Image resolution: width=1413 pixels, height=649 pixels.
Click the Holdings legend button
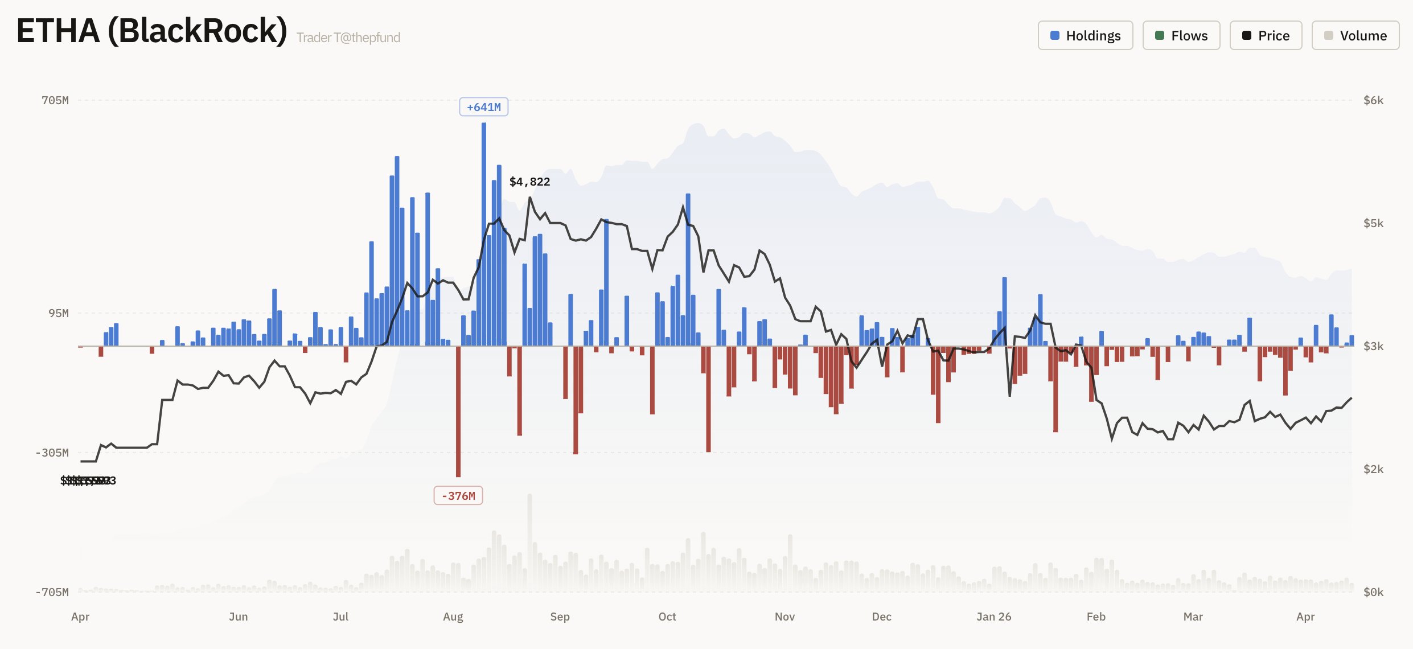click(x=1085, y=35)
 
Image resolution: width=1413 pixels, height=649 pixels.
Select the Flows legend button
click(x=1181, y=35)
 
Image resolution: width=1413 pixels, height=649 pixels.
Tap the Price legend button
click(x=1266, y=35)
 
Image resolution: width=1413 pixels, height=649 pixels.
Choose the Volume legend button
click(x=1355, y=35)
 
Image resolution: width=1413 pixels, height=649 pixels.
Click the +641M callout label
click(x=483, y=107)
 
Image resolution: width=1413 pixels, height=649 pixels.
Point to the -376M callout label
click(x=458, y=496)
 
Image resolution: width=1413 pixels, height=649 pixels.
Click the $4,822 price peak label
click(x=529, y=182)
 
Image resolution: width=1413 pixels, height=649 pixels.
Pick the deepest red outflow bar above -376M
click(x=458, y=410)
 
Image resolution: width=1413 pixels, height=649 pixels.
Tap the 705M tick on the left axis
click(x=55, y=100)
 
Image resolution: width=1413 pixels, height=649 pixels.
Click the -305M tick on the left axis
click(x=52, y=453)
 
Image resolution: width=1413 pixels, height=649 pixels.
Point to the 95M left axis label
click(x=59, y=313)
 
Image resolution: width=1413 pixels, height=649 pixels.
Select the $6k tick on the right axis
click(x=1373, y=100)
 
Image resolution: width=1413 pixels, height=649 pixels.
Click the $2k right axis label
click(x=1373, y=469)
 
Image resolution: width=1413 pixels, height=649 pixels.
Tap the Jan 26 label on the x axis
click(x=993, y=617)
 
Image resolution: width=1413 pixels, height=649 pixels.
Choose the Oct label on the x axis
click(x=667, y=617)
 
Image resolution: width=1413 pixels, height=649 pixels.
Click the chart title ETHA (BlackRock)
click(x=151, y=31)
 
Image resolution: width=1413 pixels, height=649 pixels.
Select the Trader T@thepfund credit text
click(x=348, y=38)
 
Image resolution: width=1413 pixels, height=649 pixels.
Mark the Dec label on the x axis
click(x=881, y=617)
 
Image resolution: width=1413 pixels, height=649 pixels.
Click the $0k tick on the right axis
click(x=1373, y=592)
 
